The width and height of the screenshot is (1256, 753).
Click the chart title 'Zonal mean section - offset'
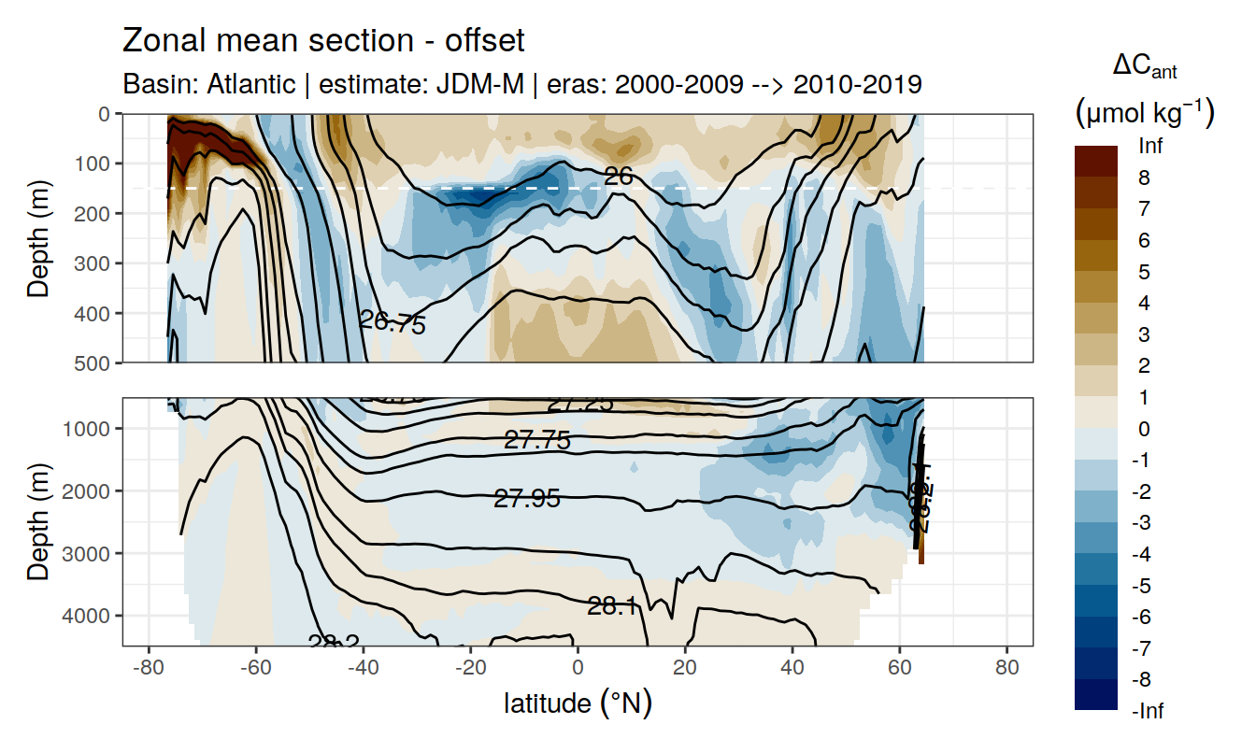[323, 41]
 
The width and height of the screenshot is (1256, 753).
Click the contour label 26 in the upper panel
[618, 176]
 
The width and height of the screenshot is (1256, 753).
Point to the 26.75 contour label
[392, 323]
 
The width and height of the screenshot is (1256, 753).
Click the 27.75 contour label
[536, 440]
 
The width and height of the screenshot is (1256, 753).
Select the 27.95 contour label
[527, 499]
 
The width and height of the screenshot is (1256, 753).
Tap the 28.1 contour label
[612, 607]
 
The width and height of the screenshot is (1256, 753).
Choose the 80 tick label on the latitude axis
[1006, 669]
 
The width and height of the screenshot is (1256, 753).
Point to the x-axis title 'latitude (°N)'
[578, 703]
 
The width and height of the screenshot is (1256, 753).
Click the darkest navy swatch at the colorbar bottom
[1096, 694]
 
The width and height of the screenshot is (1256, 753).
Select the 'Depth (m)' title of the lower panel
[38, 521]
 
